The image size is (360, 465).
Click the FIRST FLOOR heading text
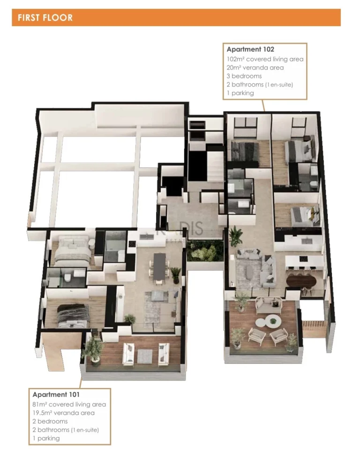[x=45, y=18]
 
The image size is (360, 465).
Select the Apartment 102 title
[x=250, y=49]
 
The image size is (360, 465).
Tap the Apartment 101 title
[x=56, y=395]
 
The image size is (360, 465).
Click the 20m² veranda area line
[x=255, y=68]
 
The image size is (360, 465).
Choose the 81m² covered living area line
[x=69, y=404]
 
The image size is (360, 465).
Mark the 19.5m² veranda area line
[x=64, y=413]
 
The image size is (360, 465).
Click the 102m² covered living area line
[x=265, y=59]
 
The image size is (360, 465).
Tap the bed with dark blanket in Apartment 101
[x=72, y=315]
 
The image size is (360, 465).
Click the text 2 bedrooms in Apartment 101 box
[x=50, y=421]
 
